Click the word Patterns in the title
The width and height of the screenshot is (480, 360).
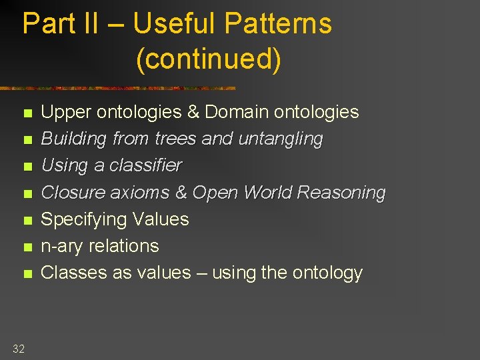coord(278,23)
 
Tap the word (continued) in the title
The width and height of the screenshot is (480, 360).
coord(208,59)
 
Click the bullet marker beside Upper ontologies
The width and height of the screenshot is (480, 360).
coord(27,113)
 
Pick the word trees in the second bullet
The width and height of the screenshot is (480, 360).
coord(176,139)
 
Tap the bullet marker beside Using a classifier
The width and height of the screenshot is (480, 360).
coord(27,167)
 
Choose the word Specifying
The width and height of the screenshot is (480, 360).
coord(85,219)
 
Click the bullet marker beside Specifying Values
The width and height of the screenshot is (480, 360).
coord(27,220)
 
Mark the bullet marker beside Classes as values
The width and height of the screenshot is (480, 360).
coord(27,273)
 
